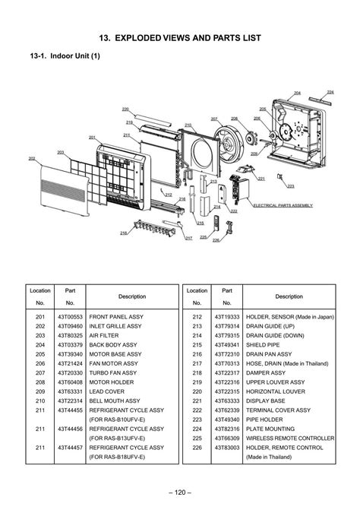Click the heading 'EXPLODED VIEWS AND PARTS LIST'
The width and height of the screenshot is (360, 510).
point(193,36)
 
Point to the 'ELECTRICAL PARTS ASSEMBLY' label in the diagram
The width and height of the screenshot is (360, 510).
point(283,205)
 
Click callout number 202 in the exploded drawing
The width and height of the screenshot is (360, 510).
point(32,158)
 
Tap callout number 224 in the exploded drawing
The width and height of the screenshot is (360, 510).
point(330,91)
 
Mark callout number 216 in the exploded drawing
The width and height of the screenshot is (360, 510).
point(123,233)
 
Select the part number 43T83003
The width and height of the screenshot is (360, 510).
point(226,448)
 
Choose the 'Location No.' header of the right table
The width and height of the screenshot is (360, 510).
point(197,296)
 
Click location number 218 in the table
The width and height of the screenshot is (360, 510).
point(197,372)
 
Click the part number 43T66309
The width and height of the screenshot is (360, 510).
point(226,439)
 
